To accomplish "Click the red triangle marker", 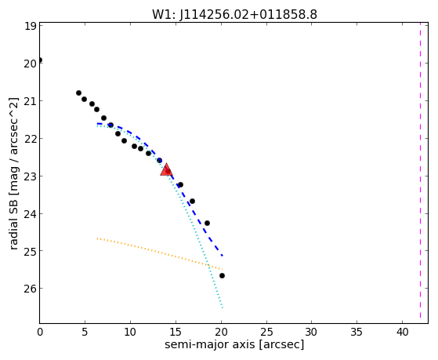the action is pyautogui.click(x=166, y=169).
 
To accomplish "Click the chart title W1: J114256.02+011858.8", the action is pyautogui.click(x=234, y=15).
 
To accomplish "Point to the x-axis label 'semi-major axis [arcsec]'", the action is pyautogui.click(x=234, y=344).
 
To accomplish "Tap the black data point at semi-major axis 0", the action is pyautogui.click(x=40, y=60).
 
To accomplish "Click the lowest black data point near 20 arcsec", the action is pyautogui.click(x=222, y=275).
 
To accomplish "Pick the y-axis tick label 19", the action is pyautogui.click(x=31, y=26).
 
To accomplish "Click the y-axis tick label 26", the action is pyautogui.click(x=31, y=289).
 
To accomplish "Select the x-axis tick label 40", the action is pyautogui.click(x=402, y=333).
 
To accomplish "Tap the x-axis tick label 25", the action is pyautogui.click(x=266, y=333).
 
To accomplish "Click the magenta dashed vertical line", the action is pyautogui.click(x=420, y=170).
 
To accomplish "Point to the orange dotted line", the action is pyautogui.click(x=160, y=253).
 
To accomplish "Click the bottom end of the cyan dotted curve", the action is pyautogui.click(x=223, y=308).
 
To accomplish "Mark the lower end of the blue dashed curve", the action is pyautogui.click(x=223, y=256).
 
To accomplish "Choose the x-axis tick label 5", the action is pyautogui.click(x=85, y=333).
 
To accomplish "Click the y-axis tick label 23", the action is pyautogui.click(x=31, y=176).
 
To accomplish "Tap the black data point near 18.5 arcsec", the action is pyautogui.click(x=207, y=223).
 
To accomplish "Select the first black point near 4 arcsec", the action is pyautogui.click(x=79, y=93).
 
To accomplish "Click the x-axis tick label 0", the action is pyautogui.click(x=40, y=333).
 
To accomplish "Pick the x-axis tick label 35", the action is pyautogui.click(x=357, y=333).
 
